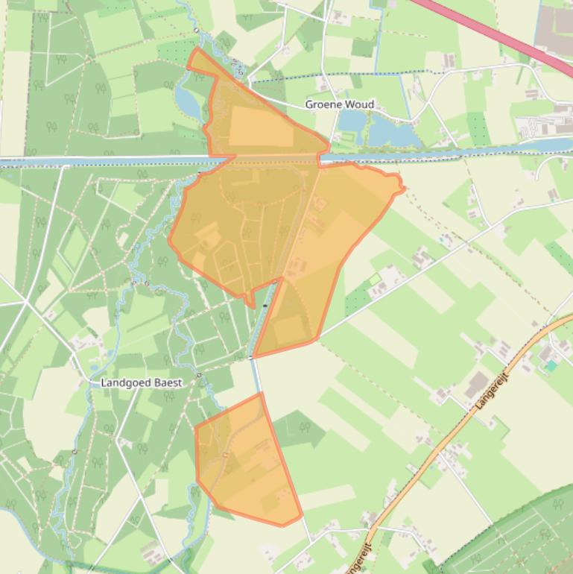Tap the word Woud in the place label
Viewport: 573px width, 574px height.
(x=359, y=104)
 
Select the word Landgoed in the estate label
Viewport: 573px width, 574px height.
(x=122, y=382)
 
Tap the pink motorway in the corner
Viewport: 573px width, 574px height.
(x=492, y=30)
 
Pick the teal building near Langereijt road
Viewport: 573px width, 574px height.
(x=551, y=366)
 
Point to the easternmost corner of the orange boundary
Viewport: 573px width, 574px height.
(x=403, y=189)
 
